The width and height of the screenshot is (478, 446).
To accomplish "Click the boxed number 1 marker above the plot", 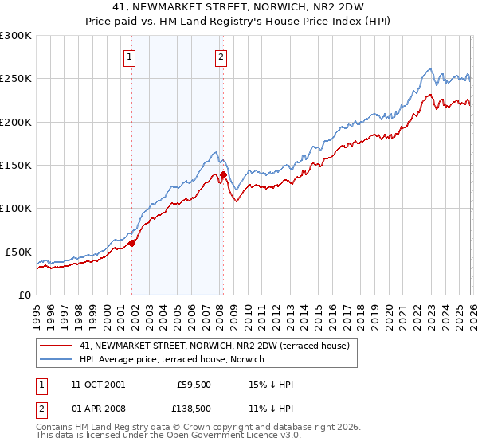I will point(129,57).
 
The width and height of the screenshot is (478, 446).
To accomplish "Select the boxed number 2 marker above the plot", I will point(221,57).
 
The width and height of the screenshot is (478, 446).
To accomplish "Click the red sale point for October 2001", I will point(132,244).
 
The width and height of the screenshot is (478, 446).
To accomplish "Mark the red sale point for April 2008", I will point(223,175).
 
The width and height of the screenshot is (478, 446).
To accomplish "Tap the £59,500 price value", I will point(193,385).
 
